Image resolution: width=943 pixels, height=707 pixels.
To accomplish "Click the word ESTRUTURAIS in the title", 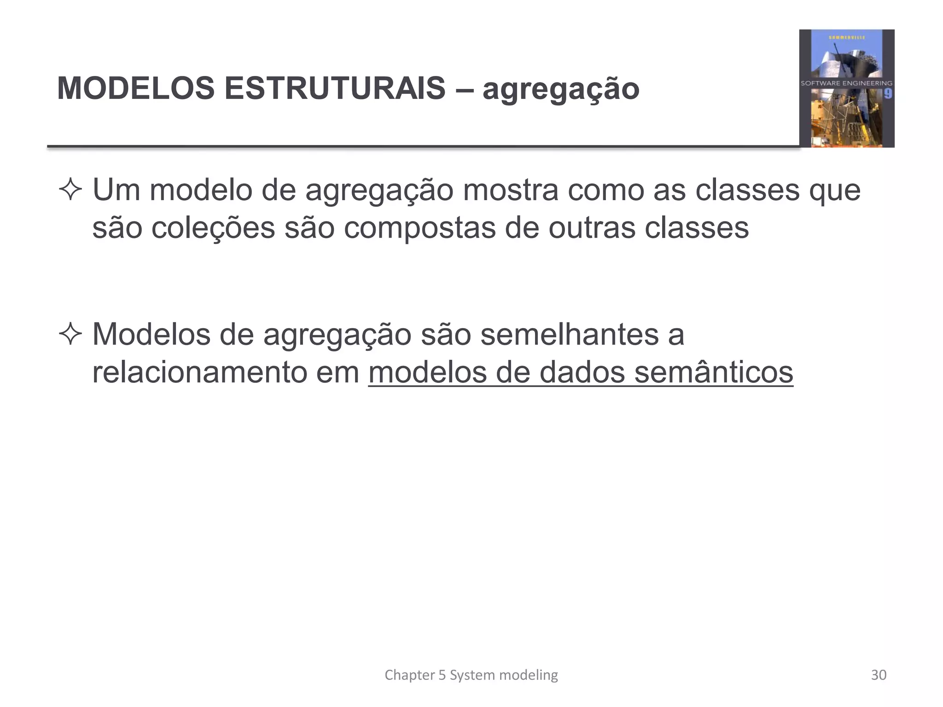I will pyautogui.click(x=335, y=88).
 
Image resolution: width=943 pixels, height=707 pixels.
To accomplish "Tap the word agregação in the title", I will pyautogui.click(x=561, y=90).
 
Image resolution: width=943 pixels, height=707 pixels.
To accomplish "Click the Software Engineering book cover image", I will pyautogui.click(x=846, y=88).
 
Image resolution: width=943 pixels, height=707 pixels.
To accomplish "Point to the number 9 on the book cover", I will pyautogui.click(x=888, y=94).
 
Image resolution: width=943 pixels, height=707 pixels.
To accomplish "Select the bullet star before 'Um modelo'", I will pyautogui.click(x=70, y=190).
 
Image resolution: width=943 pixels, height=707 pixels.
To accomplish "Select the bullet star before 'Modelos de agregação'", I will pyautogui.click(x=70, y=335).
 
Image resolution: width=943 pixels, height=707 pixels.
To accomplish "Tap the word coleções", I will pyautogui.click(x=213, y=228).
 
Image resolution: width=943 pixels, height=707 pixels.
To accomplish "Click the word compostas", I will pyautogui.click(x=419, y=229).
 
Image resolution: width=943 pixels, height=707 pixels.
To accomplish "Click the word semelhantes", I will pyautogui.click(x=570, y=334).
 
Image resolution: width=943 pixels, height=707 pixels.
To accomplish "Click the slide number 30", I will pyautogui.click(x=879, y=675).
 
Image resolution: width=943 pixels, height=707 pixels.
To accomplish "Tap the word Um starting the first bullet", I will pyautogui.click(x=116, y=190).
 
